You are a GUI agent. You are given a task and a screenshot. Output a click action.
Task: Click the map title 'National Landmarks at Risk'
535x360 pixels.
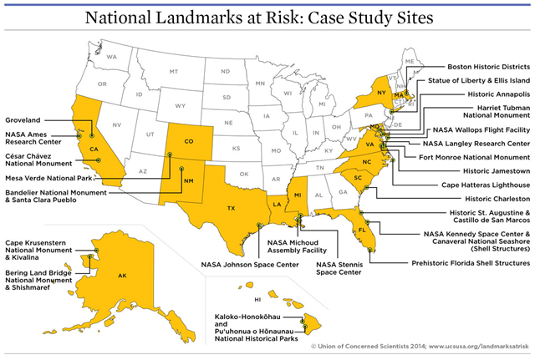point(267,18)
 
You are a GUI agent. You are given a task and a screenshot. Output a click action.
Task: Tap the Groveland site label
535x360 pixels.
point(24,120)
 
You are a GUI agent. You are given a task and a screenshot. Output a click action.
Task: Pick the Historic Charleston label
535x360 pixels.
point(491,199)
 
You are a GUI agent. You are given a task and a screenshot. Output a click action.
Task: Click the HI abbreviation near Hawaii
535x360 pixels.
point(259,298)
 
